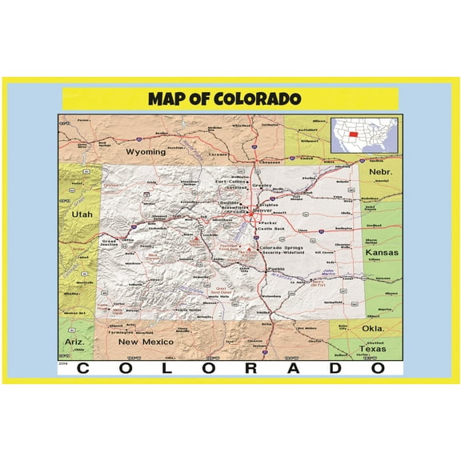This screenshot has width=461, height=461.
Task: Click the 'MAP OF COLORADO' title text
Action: [224, 99]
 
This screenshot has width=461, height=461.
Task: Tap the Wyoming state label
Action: [146, 151]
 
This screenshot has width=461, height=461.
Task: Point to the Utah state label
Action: [82, 214]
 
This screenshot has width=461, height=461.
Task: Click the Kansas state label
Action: [381, 253]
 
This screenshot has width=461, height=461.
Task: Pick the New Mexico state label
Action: [146, 342]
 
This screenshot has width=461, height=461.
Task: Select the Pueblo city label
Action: [277, 269]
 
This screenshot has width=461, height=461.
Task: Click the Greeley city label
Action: [263, 186]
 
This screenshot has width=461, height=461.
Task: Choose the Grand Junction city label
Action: [112, 243]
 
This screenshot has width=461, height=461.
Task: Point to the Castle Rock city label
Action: [270, 230]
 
